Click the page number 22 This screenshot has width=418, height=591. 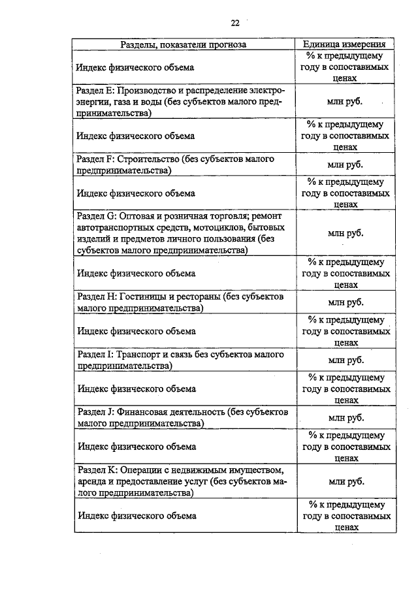(x=235, y=23)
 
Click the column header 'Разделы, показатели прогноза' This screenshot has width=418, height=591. (x=183, y=45)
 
